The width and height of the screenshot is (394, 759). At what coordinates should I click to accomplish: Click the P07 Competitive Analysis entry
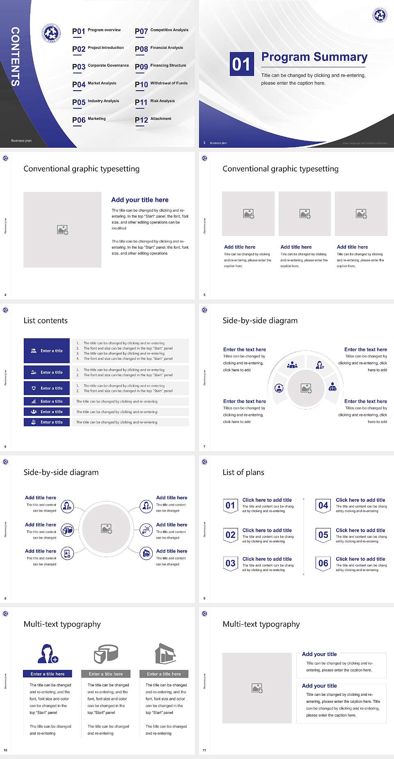tap(162, 31)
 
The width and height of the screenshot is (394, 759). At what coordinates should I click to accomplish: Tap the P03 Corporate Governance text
tap(101, 66)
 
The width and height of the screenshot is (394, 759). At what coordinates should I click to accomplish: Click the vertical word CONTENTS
tap(15, 57)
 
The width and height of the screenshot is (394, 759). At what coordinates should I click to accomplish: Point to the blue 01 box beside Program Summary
tap(241, 64)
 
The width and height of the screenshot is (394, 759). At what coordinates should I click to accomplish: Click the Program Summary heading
tap(314, 57)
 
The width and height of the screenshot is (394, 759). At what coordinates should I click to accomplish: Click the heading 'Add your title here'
tap(140, 200)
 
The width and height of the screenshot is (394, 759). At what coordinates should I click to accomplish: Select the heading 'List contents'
tap(46, 320)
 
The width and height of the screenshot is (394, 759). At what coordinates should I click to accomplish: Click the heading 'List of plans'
tap(243, 472)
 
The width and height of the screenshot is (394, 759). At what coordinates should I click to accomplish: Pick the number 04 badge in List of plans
tap(323, 505)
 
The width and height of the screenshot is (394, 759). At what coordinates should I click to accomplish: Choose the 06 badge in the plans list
tap(323, 563)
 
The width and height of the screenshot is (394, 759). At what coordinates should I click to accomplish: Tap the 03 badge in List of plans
tap(230, 563)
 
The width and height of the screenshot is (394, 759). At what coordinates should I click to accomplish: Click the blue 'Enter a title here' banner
tap(48, 674)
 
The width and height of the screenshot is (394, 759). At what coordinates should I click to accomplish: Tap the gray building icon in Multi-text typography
tap(165, 654)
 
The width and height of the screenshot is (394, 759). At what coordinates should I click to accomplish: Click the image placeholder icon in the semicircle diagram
tap(306, 388)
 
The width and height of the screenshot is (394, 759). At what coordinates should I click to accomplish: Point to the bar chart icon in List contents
tap(34, 401)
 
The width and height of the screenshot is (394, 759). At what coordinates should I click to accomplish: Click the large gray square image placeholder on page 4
tap(62, 230)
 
